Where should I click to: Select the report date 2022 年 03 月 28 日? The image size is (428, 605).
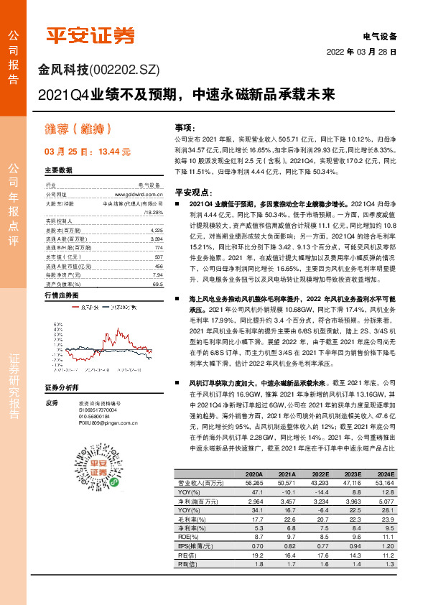(x=360, y=52)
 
